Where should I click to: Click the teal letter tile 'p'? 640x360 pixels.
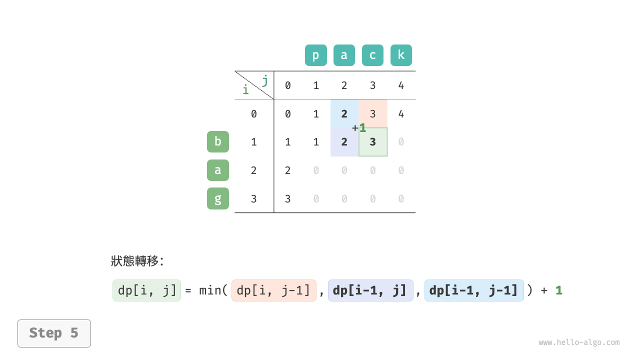tap(316, 55)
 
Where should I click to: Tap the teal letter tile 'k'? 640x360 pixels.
tap(401, 55)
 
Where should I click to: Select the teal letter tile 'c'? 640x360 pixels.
tap(372, 55)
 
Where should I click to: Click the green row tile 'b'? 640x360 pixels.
tap(218, 141)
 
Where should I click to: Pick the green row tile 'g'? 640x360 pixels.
tap(218, 198)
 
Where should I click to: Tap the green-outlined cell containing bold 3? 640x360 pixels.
tap(373, 142)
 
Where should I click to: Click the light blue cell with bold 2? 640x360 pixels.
tap(344, 113)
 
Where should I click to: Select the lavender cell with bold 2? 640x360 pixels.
tap(344, 142)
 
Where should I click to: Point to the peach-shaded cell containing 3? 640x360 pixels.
tap(373, 113)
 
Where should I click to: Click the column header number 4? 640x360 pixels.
tap(401, 85)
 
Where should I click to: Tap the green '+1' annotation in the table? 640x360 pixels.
tap(359, 128)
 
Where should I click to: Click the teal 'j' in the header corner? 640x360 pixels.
tap(265, 80)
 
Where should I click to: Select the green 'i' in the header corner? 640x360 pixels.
tap(245, 90)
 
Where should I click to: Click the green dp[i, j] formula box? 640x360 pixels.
tap(146, 290)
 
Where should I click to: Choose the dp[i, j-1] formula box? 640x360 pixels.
tap(274, 290)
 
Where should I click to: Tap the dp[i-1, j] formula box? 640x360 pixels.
tap(370, 290)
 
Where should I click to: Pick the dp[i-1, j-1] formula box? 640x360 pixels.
tap(474, 290)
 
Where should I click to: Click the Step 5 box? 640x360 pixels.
tap(54, 333)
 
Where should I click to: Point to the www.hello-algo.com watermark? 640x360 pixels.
tap(579, 342)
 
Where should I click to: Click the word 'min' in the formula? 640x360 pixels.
tap(210, 290)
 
